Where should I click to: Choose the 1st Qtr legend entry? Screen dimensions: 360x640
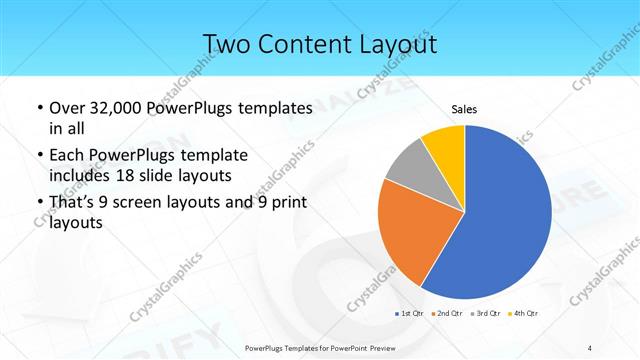[x=408, y=313]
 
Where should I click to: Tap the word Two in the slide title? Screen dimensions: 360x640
[x=226, y=44]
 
